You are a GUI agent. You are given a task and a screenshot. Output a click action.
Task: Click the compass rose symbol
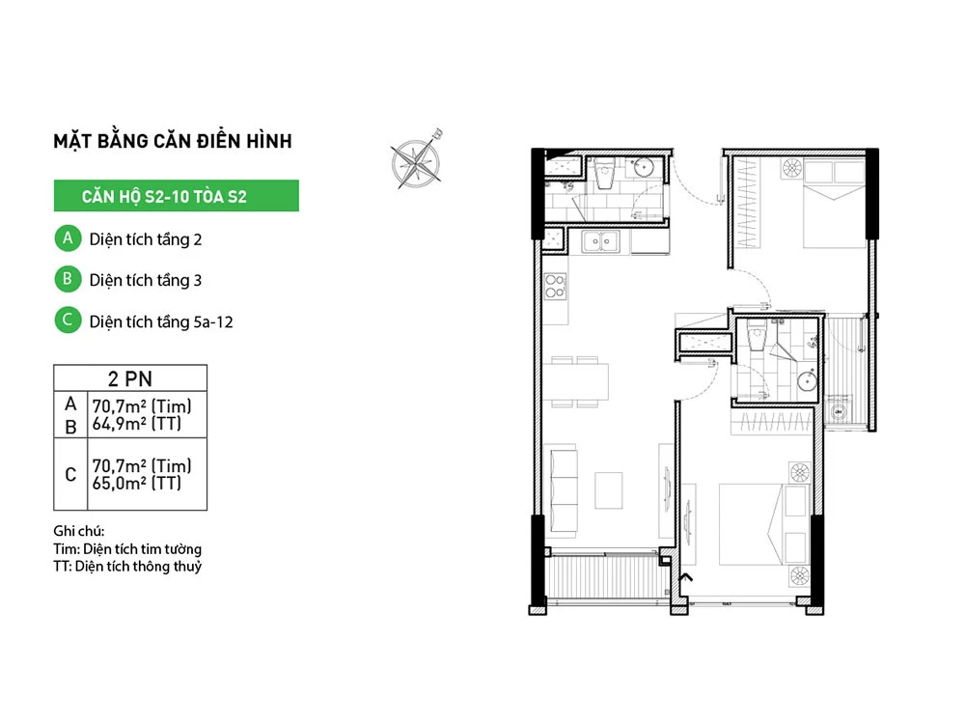tap(417, 161)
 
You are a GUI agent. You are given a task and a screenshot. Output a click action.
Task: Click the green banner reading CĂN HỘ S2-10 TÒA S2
tap(176, 196)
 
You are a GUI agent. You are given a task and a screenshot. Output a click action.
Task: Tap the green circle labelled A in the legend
tap(68, 238)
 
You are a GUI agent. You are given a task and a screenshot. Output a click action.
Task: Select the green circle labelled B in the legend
tap(68, 279)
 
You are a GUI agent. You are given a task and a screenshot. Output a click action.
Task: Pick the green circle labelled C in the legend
tap(68, 320)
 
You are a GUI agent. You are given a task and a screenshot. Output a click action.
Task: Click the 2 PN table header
tap(130, 378)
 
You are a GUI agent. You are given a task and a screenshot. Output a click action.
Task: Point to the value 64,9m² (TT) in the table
tap(137, 424)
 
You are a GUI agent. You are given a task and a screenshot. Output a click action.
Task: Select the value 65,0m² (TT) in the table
tap(137, 484)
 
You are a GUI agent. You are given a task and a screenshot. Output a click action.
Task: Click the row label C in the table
tap(70, 475)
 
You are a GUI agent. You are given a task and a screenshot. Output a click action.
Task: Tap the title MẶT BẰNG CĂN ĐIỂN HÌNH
tap(173, 141)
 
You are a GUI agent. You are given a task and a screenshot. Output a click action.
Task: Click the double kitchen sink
tap(601, 241)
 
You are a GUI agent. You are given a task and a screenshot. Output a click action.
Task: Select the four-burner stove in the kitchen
tap(555, 287)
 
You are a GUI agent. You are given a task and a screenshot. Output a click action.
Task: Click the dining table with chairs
tap(575, 381)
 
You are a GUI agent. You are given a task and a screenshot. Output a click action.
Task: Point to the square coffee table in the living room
tap(609, 489)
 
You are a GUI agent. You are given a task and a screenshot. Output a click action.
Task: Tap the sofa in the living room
tap(564, 490)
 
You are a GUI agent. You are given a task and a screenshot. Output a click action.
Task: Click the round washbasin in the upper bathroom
tap(645, 167)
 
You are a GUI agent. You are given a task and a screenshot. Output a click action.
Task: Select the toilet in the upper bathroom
tap(606, 173)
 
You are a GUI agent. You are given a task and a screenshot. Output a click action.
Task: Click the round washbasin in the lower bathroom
tap(807, 381)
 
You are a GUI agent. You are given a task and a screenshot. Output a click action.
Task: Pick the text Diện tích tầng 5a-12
tap(161, 322)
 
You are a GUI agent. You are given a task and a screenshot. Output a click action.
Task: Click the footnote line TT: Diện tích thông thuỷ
tap(127, 567)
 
